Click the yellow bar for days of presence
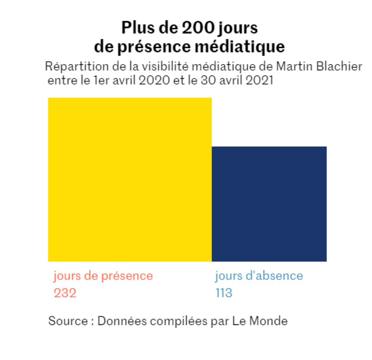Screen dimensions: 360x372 (x=130, y=179)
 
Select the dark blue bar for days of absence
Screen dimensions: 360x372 (x=269, y=204)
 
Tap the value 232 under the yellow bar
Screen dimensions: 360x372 (x=65, y=293)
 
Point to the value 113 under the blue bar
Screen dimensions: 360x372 (x=224, y=293)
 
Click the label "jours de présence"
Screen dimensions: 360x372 (x=103, y=276)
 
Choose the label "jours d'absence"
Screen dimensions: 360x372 (x=259, y=276)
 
